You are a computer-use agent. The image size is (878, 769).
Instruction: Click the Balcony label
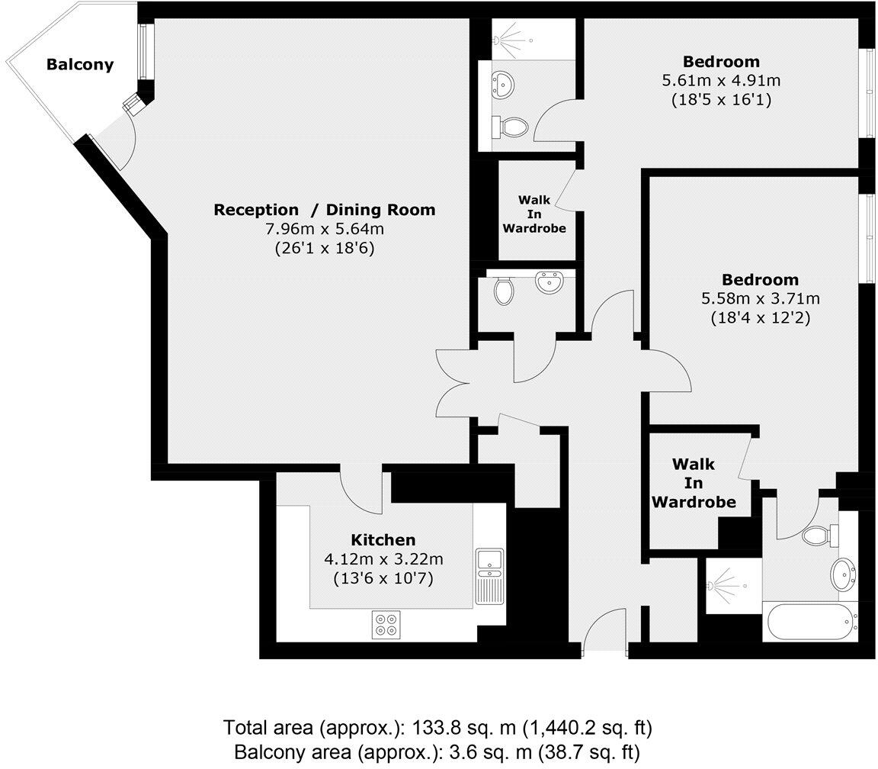point(79,65)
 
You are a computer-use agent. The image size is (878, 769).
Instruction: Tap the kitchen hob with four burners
point(386,625)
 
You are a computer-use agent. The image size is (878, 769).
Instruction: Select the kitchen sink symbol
point(489,562)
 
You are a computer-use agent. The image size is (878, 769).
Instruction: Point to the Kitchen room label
point(383,540)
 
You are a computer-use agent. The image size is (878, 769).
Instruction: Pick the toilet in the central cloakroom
point(503,291)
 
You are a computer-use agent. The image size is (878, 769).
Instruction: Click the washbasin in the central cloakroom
point(549,282)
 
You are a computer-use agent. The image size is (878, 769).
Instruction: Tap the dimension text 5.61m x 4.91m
point(721,80)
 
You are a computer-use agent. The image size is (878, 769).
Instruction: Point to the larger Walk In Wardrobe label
point(694,483)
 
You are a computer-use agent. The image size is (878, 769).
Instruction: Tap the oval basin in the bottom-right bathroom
point(844,573)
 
